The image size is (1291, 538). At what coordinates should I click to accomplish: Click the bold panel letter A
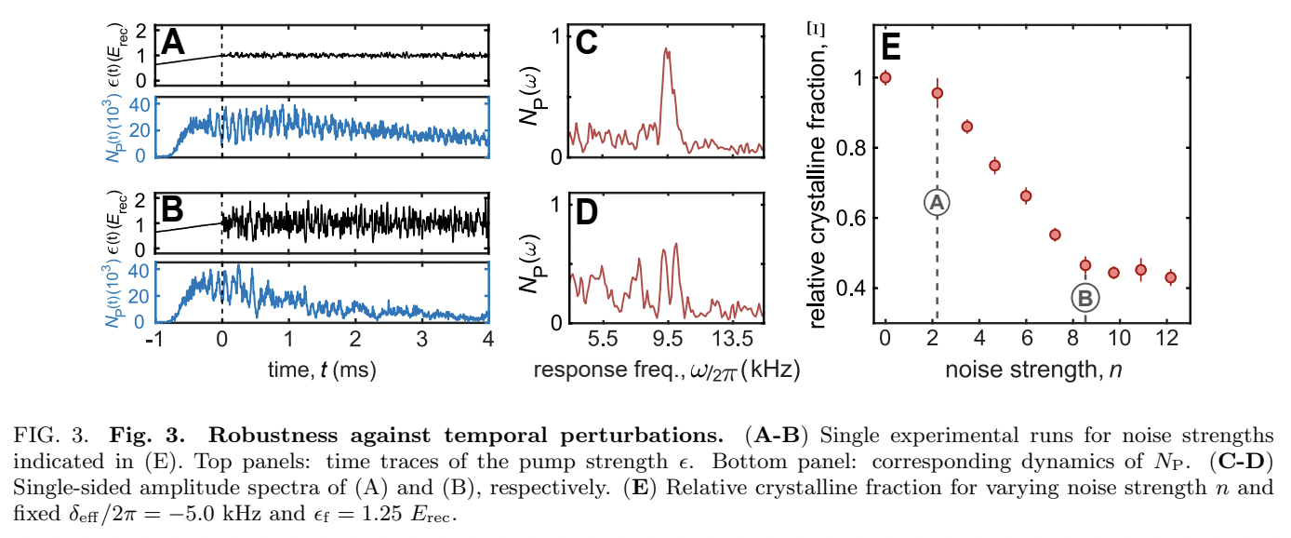(175, 44)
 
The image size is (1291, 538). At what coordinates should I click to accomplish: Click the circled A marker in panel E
(937, 202)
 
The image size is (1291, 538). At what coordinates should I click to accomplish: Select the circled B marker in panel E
(1085, 299)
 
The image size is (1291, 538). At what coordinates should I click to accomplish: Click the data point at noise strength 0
(885, 77)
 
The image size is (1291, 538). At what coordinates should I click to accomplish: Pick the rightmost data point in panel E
(1171, 277)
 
